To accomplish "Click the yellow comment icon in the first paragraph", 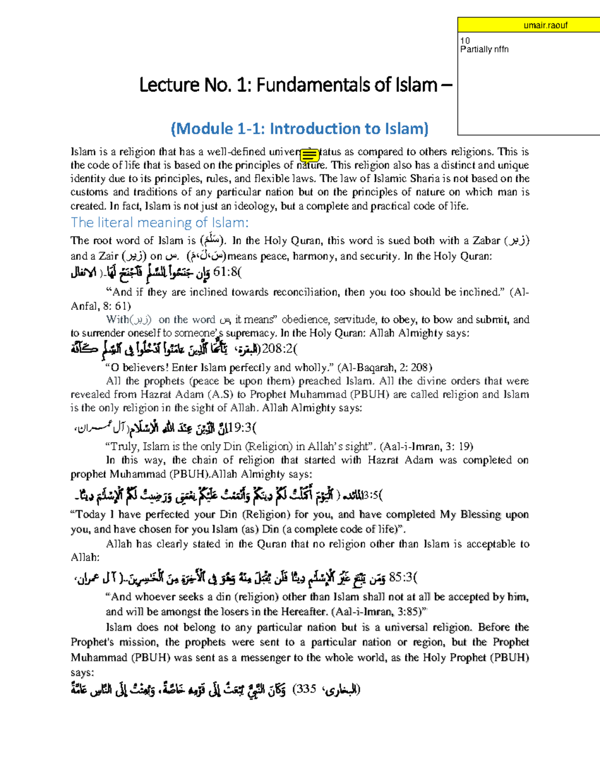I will pos(309,156).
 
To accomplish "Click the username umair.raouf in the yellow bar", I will pos(545,25).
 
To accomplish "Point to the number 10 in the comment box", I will pos(465,40).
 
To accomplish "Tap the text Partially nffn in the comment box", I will pos(484,49).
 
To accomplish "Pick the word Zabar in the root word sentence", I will pos(485,240).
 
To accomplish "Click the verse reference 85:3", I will pos(402,578).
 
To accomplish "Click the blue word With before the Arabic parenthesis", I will pos(117,320).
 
